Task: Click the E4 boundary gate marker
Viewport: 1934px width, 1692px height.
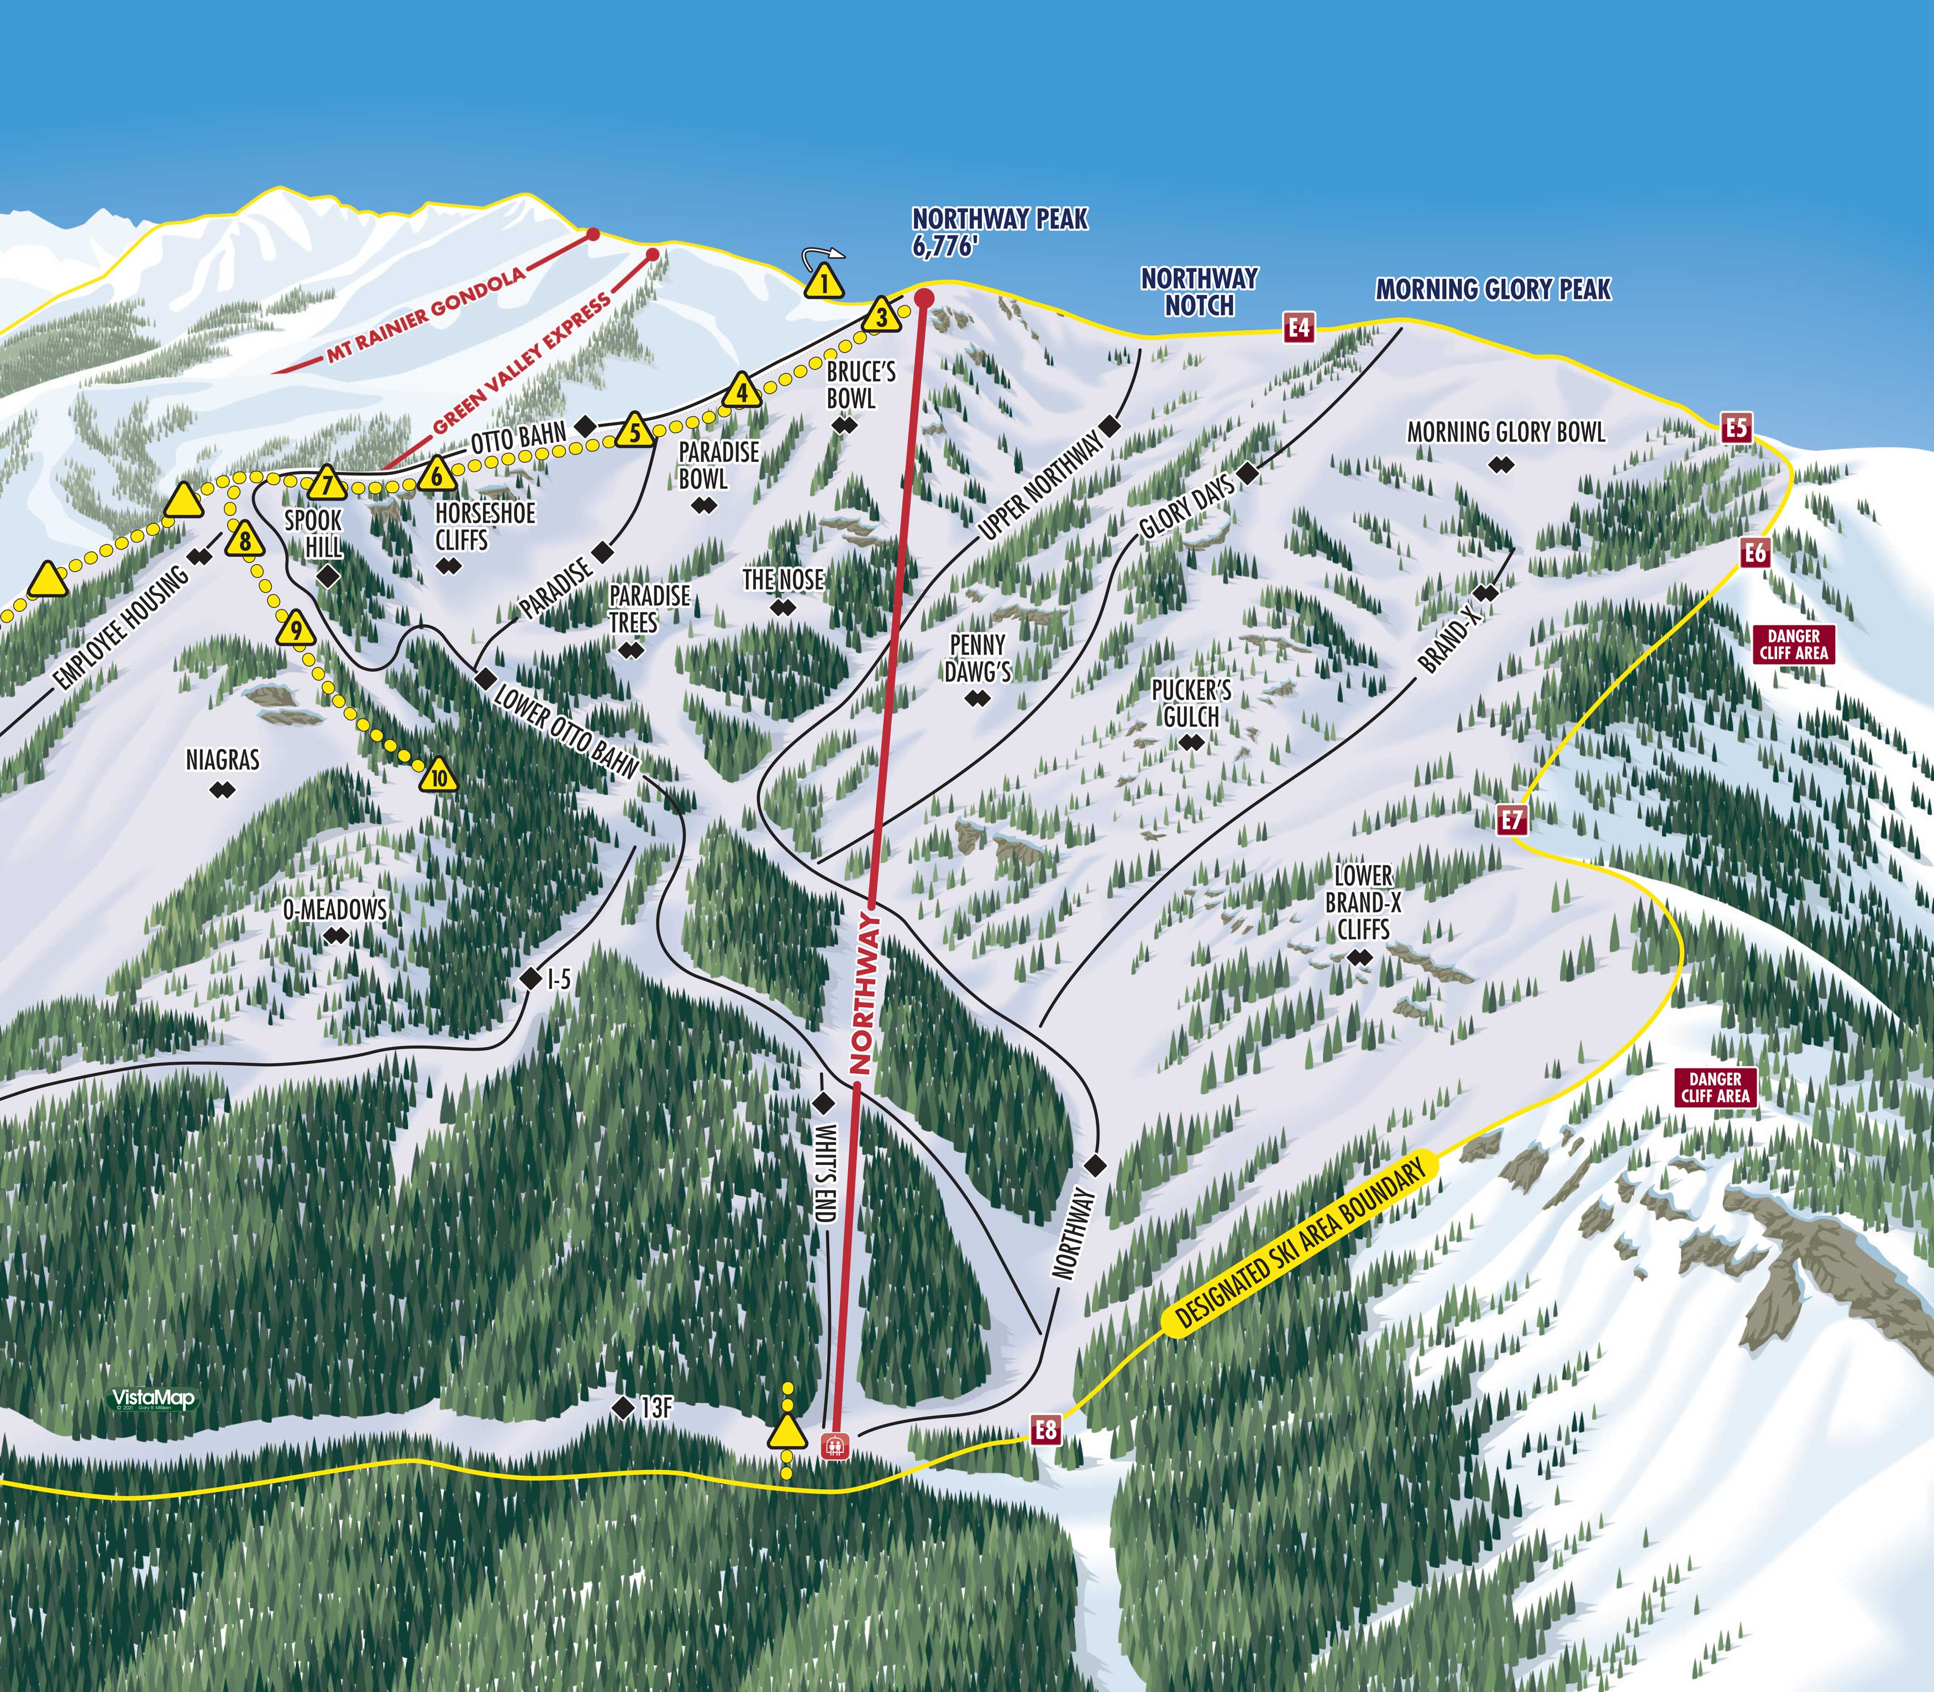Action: tap(1300, 328)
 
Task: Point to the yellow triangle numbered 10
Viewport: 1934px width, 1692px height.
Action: tap(439, 777)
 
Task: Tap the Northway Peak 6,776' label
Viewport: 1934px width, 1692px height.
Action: tap(999, 232)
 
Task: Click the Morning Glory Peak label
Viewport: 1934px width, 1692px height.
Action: tap(1492, 289)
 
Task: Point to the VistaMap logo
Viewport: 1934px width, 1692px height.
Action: tap(153, 1398)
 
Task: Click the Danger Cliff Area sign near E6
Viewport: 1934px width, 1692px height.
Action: tap(1793, 644)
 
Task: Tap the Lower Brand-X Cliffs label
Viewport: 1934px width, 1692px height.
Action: tap(1363, 902)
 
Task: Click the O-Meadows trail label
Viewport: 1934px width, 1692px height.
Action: tap(335, 910)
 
